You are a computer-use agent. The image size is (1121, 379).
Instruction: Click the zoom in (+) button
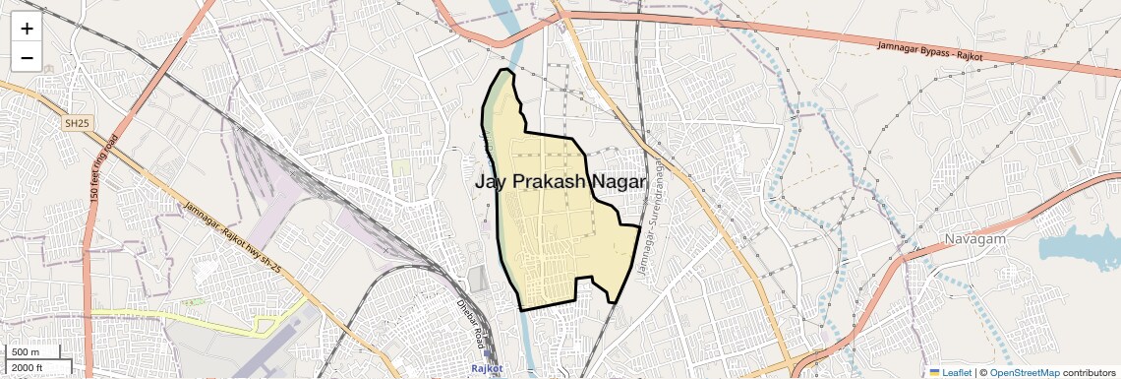coord(27,28)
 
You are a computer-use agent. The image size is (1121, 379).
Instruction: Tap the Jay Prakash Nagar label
coord(560,182)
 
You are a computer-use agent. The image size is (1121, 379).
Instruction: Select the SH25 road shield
coord(75,123)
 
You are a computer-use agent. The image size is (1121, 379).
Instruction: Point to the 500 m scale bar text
coord(26,352)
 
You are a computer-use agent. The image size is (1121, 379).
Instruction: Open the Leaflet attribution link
coord(957,372)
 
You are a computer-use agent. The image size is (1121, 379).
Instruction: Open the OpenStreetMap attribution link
coord(1025,372)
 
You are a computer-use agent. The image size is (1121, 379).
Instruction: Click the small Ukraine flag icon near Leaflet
coord(935,372)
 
